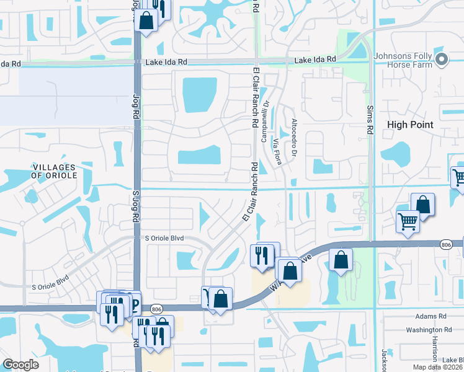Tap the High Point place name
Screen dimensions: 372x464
[409, 125]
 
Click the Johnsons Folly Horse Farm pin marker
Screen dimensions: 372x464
[442, 60]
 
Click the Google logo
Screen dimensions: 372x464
[20, 365]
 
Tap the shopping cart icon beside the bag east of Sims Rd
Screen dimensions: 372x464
[408, 221]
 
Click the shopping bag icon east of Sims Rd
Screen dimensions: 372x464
[422, 204]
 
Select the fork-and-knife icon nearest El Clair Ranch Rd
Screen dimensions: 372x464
[262, 254]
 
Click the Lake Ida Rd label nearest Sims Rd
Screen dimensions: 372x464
[315, 60]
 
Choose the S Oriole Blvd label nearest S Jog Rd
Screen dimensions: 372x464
[165, 238]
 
